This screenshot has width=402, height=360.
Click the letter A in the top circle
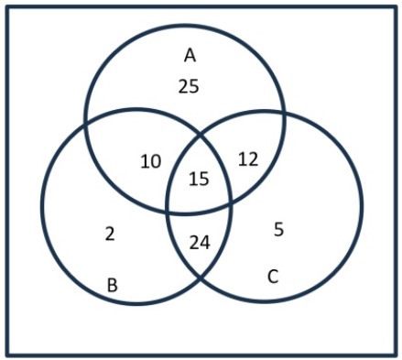coord(190,56)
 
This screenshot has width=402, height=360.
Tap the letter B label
coord(113,285)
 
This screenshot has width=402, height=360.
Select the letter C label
coord(273,277)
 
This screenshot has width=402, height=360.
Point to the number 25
coord(189,86)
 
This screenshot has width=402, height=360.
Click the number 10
coord(151,161)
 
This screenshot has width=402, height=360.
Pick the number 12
coord(248,159)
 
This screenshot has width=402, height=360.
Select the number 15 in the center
coord(199,179)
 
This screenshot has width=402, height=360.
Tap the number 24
coord(200,243)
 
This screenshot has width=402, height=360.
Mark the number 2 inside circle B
coord(110,234)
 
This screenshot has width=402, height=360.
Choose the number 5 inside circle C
coord(279,229)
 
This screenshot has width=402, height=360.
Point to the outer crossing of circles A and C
coord(284,114)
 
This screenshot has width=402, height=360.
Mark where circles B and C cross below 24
coord(201,278)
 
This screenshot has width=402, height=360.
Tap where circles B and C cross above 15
coord(199,135)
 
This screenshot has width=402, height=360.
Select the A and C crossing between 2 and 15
coord(168,211)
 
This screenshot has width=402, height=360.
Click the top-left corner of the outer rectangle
coord(7,7)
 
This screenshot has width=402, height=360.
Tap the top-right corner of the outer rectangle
coord(396,7)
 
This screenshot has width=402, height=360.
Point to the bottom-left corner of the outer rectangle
coord(7,355)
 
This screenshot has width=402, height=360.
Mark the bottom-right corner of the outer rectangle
coord(396,355)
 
